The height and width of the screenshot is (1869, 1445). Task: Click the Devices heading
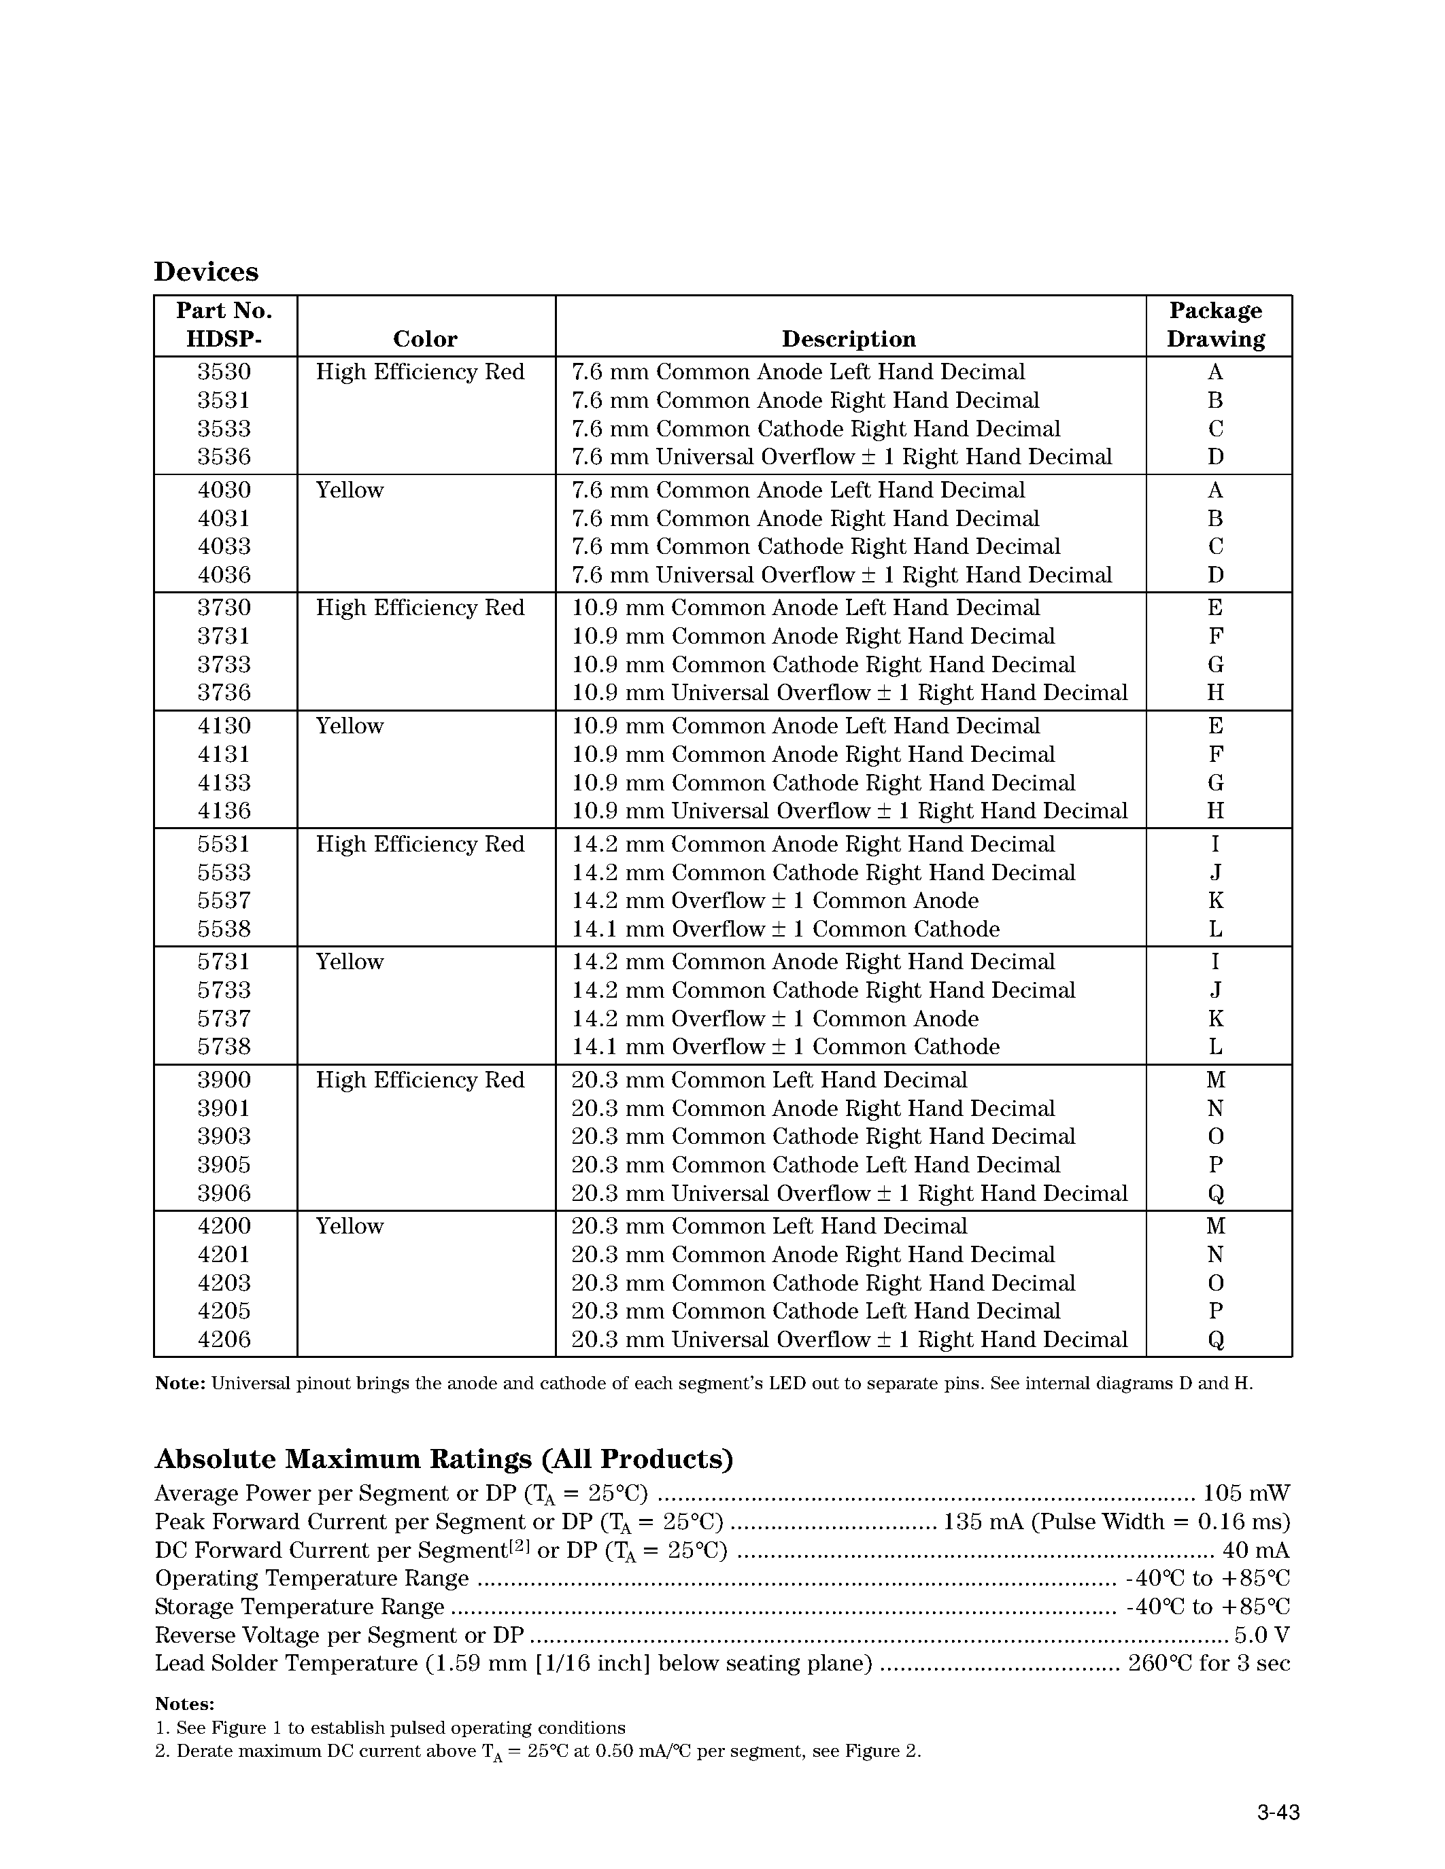click(205, 271)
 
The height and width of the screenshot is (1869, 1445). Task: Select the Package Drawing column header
click(1216, 324)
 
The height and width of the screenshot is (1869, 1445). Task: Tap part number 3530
click(224, 372)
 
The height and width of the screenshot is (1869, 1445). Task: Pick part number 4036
click(224, 575)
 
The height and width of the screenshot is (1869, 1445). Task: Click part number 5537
click(224, 901)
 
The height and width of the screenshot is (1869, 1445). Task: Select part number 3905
click(224, 1165)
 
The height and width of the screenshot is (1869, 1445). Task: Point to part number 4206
click(224, 1340)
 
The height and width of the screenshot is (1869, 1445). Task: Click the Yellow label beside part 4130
click(350, 726)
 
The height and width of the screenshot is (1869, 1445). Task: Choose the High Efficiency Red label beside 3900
click(420, 1080)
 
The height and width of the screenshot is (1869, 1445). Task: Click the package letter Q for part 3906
click(1216, 1194)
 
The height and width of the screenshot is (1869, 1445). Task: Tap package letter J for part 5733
click(1216, 990)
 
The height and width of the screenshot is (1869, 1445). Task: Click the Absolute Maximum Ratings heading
click(443, 1458)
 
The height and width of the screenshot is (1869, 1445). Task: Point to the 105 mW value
click(1246, 1494)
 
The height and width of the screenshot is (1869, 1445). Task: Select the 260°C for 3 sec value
click(1209, 1664)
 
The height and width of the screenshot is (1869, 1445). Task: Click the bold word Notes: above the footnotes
click(184, 1704)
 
